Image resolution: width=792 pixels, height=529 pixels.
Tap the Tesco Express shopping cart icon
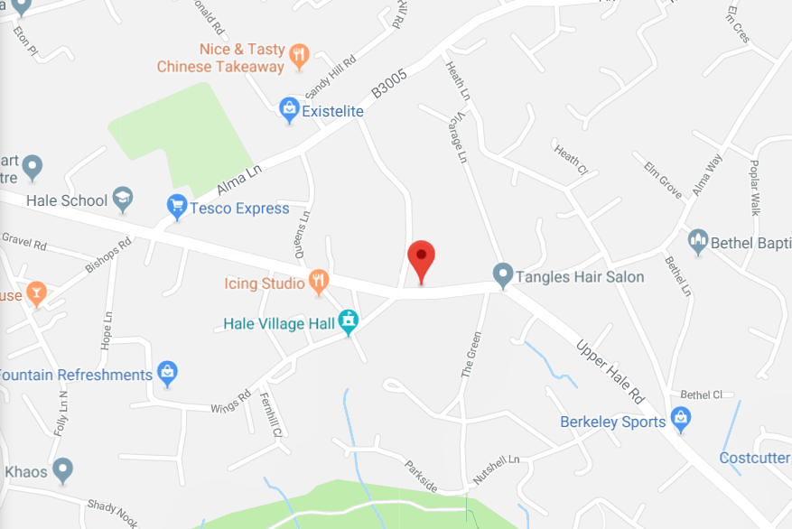(178, 208)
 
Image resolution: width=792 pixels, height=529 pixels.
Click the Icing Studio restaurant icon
(318, 283)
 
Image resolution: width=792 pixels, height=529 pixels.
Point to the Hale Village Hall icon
(348, 322)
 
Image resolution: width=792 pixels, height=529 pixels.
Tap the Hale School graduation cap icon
(123, 200)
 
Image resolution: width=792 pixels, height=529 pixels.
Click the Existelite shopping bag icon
(289, 111)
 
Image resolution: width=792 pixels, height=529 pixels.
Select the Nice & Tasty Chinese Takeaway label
(221, 58)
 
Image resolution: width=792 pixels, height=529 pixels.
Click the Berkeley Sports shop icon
(682, 421)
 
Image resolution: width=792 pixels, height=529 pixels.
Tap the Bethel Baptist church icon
(697, 242)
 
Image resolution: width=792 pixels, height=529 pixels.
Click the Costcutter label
(754, 458)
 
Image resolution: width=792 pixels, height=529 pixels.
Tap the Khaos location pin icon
(62, 470)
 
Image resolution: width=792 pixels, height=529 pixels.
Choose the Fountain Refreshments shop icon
(166, 374)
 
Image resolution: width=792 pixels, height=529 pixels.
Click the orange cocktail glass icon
(35, 294)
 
